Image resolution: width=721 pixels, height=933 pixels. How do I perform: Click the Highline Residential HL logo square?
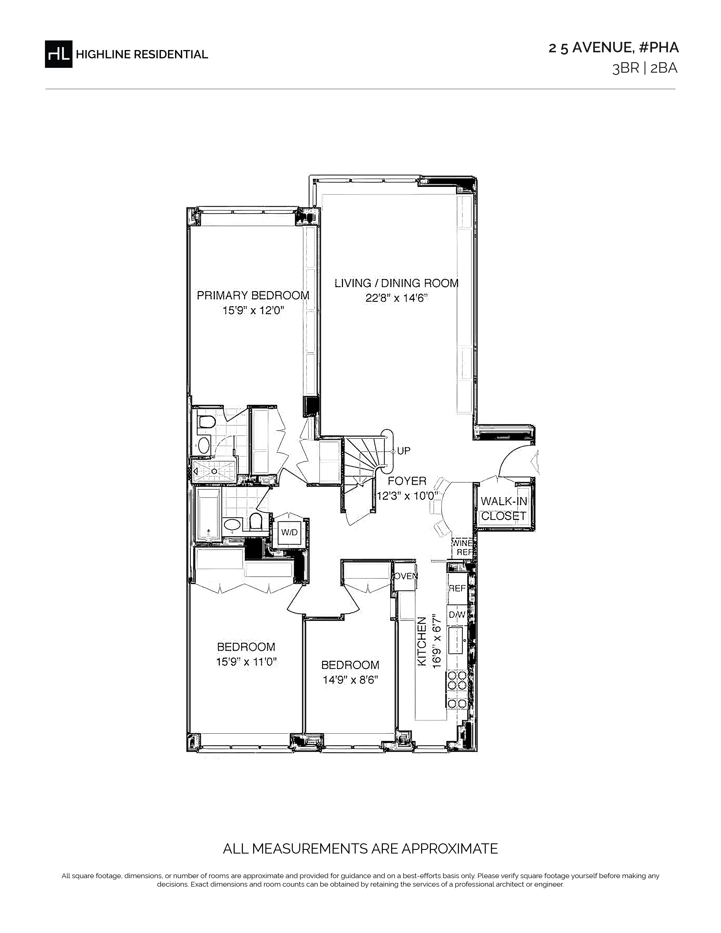[59, 54]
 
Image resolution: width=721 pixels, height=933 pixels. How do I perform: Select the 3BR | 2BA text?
[645, 68]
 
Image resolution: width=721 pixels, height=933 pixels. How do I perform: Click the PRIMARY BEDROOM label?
[253, 295]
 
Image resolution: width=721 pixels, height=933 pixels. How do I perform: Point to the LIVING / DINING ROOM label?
[396, 283]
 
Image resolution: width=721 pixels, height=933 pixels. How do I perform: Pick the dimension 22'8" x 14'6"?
[396, 298]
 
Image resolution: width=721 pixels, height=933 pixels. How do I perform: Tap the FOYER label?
[407, 481]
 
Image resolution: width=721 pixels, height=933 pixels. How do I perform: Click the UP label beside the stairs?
[404, 451]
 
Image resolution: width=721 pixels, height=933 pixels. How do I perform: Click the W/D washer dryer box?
[289, 532]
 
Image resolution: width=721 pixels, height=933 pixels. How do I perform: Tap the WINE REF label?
[463, 548]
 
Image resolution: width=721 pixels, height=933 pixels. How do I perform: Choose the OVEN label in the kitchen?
[405, 576]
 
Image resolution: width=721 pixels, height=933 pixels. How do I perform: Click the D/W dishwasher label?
[457, 615]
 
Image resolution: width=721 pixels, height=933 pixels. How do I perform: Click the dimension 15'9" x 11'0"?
[247, 662]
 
